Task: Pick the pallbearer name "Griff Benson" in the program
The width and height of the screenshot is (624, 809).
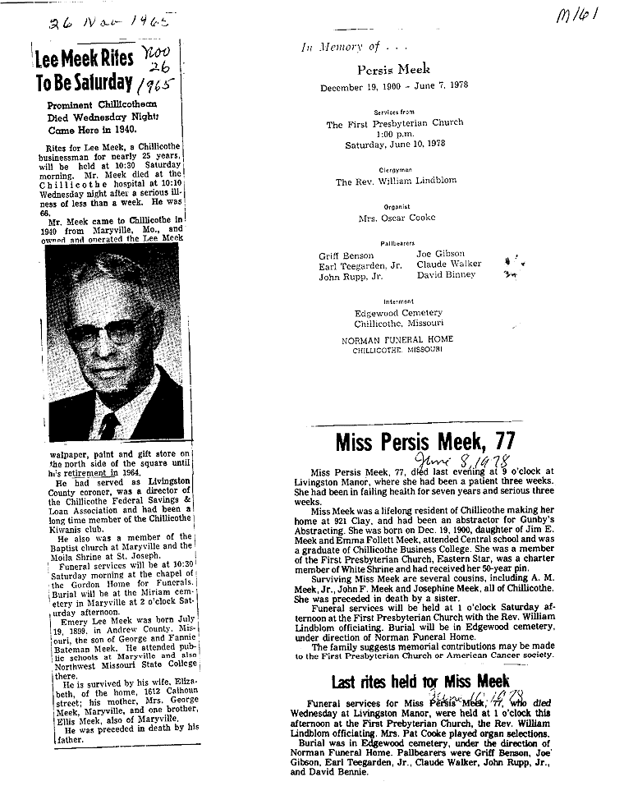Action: coord(346,256)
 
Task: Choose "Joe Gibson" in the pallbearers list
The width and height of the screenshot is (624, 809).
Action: coord(440,255)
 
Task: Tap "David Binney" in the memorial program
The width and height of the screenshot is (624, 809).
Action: coord(446,275)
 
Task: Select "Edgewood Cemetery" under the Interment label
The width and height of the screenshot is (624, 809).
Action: coord(398,313)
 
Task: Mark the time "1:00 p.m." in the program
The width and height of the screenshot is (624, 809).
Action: coord(394,133)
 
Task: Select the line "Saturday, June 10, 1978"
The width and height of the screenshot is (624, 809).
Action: coord(394,143)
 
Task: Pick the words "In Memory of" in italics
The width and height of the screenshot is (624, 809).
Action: coord(336,48)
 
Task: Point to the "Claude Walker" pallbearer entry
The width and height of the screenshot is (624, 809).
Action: coord(448,264)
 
